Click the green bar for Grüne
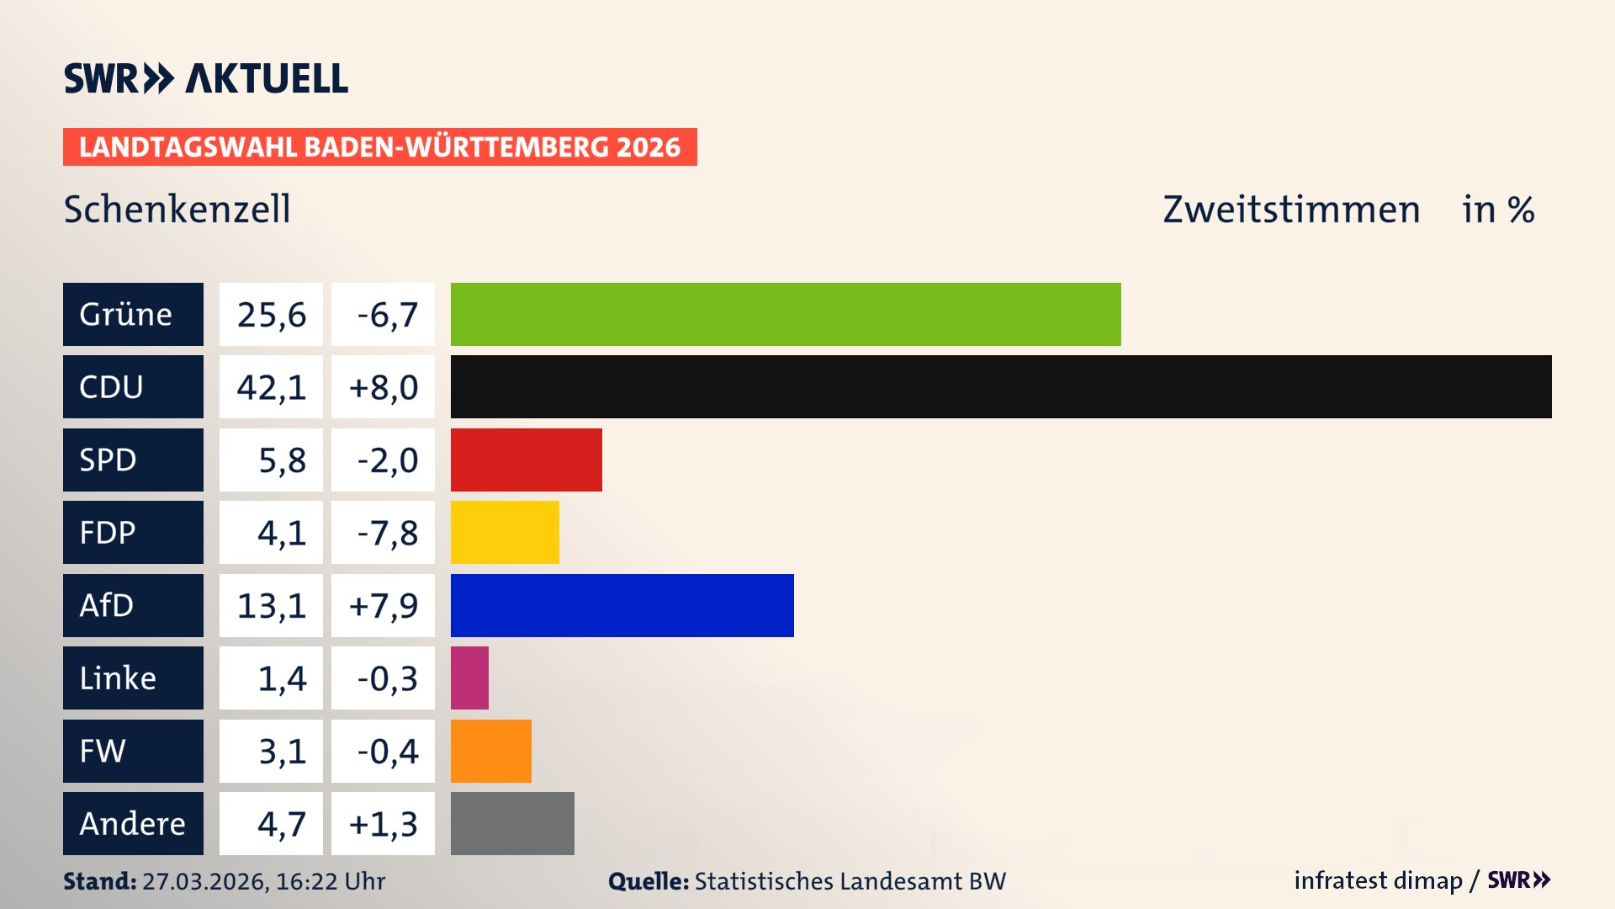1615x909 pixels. [786, 314]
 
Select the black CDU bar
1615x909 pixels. [1001, 387]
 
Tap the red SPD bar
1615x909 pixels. [526, 460]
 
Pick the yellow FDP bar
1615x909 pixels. [505, 532]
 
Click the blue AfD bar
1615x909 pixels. [622, 605]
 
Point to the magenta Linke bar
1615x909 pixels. [469, 678]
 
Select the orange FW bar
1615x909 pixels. [490, 751]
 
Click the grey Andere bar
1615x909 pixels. [512, 823]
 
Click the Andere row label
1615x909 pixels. [133, 823]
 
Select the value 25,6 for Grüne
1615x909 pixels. [271, 315]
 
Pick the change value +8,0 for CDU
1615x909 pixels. [383, 387]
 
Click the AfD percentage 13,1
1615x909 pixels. [271, 605]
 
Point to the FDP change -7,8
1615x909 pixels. [386, 533]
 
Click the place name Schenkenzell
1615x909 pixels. [177, 209]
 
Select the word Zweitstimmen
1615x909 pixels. [1291, 209]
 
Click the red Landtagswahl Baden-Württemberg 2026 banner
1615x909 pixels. [379, 146]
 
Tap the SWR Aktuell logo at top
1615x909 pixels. [205, 78]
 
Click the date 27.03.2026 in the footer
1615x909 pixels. [204, 881]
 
